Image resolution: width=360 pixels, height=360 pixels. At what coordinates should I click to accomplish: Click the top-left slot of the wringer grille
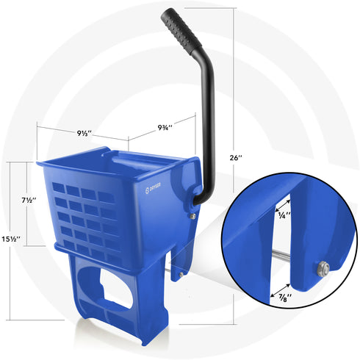coord(59,187)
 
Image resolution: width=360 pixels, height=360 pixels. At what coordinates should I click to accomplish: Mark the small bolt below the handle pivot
coord(192,216)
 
